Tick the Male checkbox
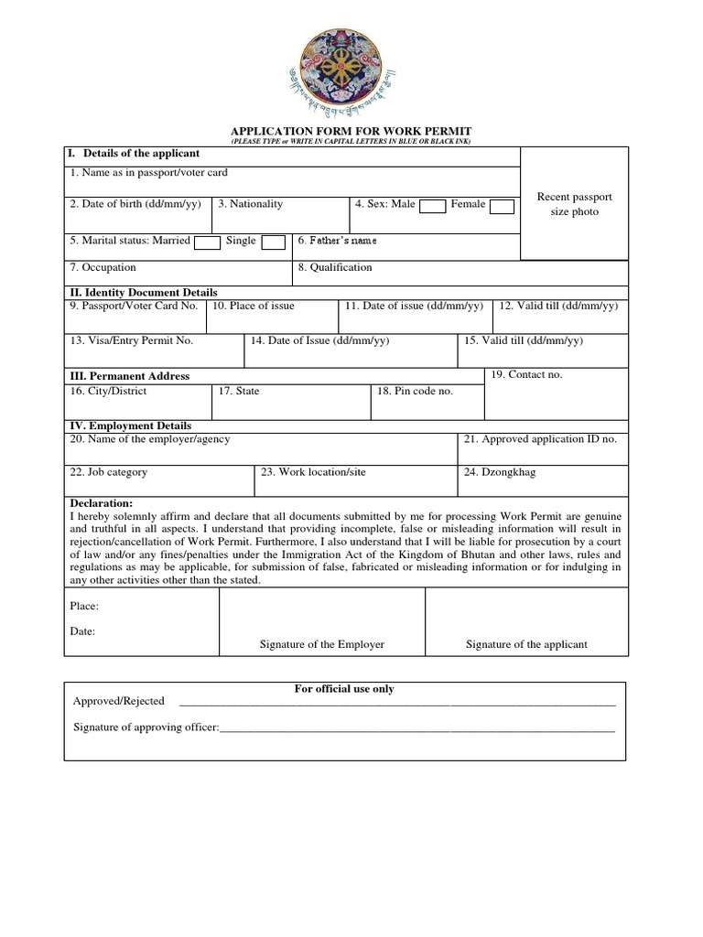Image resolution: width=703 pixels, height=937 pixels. (x=432, y=206)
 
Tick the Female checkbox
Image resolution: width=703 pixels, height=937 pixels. (x=502, y=206)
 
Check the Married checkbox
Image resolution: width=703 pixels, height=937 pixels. (x=208, y=242)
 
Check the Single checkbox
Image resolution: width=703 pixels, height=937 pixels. (x=273, y=242)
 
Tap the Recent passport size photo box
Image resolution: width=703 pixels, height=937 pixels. (x=574, y=204)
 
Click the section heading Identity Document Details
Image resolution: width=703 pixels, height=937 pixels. (x=144, y=292)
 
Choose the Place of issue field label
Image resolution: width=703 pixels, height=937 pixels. (x=254, y=306)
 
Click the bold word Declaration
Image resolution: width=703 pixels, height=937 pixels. (x=102, y=503)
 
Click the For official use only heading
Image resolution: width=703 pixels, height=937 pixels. (x=344, y=689)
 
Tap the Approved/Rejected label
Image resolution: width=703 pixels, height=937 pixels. (x=119, y=701)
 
